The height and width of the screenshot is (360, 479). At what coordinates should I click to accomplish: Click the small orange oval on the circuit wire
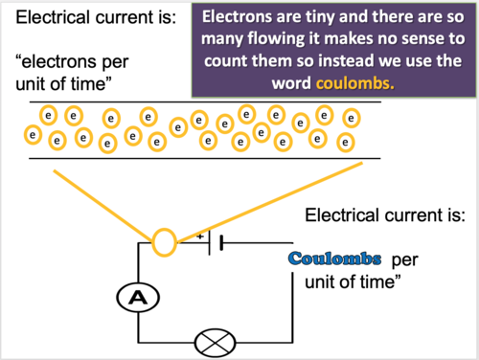pos(164,240)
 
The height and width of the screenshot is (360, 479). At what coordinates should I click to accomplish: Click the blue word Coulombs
pos(335,259)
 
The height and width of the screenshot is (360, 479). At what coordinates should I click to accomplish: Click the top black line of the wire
pos(192,102)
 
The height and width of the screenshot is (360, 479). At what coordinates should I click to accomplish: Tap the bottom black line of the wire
pos(192,157)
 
